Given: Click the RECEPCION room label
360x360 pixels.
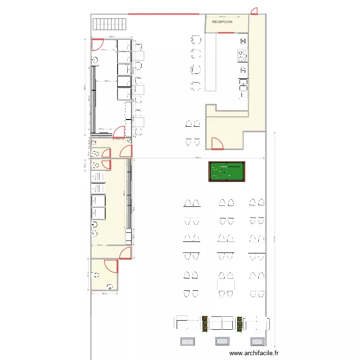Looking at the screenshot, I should pos(222,22).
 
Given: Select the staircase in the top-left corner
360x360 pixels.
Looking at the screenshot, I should pos(109,24).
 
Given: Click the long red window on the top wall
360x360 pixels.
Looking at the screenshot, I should pos(163,14).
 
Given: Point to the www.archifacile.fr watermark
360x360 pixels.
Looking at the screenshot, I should pos(253,353).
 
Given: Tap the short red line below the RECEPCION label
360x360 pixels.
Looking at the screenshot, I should pos(225,33).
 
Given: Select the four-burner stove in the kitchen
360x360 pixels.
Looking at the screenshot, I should pos(242,56).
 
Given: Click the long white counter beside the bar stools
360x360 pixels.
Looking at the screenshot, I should pos(211,62).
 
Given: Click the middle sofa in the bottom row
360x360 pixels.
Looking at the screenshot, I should pos(222,323).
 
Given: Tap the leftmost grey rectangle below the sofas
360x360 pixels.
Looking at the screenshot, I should pos(187,341).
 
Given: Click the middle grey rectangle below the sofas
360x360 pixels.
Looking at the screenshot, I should pos(222,341).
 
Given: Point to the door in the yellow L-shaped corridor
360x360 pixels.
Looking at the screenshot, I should pos(216,143).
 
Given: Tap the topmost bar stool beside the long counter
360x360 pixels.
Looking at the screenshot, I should pos(196,39).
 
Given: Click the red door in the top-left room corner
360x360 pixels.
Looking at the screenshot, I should pos(97,44).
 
